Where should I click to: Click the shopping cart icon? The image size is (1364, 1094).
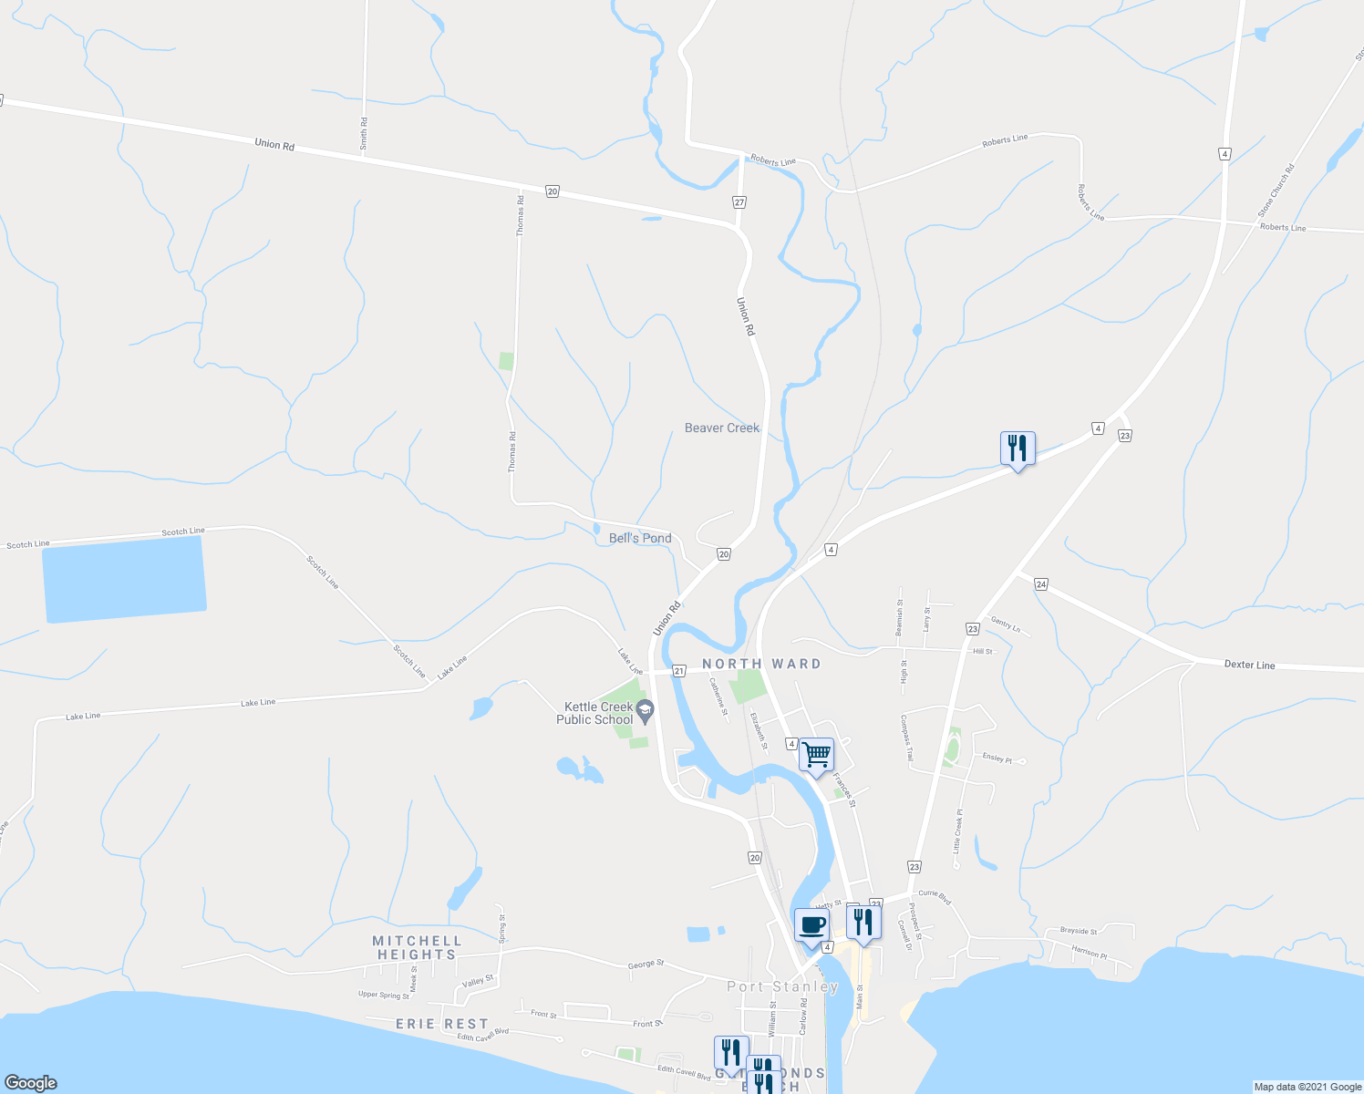(816, 754)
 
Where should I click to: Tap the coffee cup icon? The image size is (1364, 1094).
(811, 925)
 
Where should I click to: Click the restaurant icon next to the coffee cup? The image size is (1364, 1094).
(863, 922)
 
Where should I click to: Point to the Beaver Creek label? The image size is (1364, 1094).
(721, 428)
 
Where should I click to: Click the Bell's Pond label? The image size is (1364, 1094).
(640, 538)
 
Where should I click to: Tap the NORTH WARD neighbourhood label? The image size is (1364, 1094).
(761, 664)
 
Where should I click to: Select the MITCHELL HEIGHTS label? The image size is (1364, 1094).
(417, 947)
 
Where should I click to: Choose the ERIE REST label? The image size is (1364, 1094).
(442, 1024)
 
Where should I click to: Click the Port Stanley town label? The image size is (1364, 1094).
(782, 986)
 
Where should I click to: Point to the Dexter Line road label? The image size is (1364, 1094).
(1249, 665)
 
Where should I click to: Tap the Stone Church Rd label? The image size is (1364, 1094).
(1276, 191)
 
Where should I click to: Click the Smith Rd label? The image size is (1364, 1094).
(364, 133)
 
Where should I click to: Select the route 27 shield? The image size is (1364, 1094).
(739, 202)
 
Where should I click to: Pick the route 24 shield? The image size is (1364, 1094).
(1041, 583)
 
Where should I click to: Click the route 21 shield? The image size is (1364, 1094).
(678, 671)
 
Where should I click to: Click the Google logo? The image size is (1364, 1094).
(30, 1082)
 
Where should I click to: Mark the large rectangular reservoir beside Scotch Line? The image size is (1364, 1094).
(124, 580)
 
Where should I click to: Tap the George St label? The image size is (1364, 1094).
(646, 964)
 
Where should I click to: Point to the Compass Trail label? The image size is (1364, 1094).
(907, 738)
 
